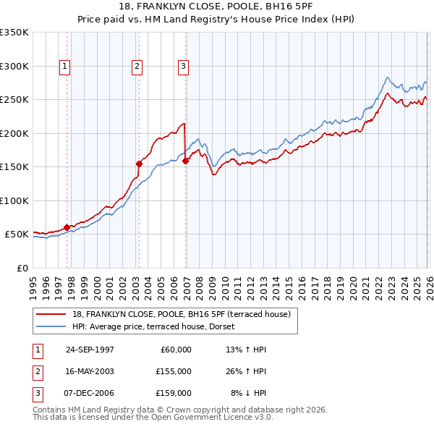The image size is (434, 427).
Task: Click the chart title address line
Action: coord(216,7)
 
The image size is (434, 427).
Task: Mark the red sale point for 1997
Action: coord(67,227)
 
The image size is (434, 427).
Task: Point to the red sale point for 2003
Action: coord(139,164)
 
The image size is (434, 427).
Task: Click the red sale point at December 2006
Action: coord(185,161)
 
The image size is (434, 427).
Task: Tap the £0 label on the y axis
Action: coord(20,268)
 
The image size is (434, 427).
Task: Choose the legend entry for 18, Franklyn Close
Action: coord(182,314)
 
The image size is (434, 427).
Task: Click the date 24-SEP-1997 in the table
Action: coord(90,350)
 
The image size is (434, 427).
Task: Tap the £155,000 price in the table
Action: coord(173,371)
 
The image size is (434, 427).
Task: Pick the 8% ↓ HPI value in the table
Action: coord(248,393)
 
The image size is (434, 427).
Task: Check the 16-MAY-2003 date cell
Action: coord(90,371)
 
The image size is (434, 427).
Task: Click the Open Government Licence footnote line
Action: coord(153,418)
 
